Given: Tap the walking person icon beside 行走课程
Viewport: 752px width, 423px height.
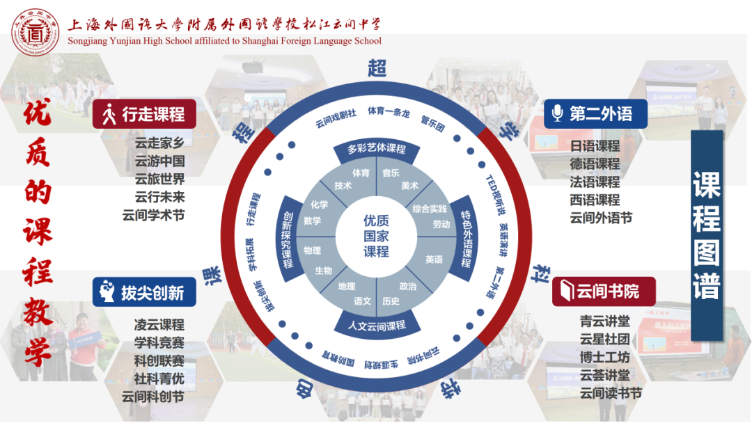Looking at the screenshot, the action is pos(109,114).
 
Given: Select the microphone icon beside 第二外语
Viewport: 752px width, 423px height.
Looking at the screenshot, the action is pos(557,113).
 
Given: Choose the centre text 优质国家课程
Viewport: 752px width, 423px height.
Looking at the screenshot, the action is pos(376,236).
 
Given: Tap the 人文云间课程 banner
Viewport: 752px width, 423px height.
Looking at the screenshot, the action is pos(376,325).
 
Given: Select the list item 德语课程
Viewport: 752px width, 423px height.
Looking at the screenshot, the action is pos(595,163).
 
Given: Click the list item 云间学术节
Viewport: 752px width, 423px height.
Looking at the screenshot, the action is pos(153,215).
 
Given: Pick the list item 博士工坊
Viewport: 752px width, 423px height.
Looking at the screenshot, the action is pos(604,358).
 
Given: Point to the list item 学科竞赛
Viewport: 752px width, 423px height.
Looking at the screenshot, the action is pos(159,343).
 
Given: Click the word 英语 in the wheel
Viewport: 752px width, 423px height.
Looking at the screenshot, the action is pos(434,260).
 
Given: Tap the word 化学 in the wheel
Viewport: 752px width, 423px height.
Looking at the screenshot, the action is pos(319,205).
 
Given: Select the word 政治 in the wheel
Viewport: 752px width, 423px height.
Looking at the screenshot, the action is pos(408,286).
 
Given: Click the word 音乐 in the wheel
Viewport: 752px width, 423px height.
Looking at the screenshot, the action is pos(391,173).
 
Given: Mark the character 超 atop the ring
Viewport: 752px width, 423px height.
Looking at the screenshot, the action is pos(377,67).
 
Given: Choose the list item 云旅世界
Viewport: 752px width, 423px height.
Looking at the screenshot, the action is pos(159,179).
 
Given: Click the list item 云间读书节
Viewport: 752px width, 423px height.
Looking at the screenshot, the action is pos(610,393).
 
